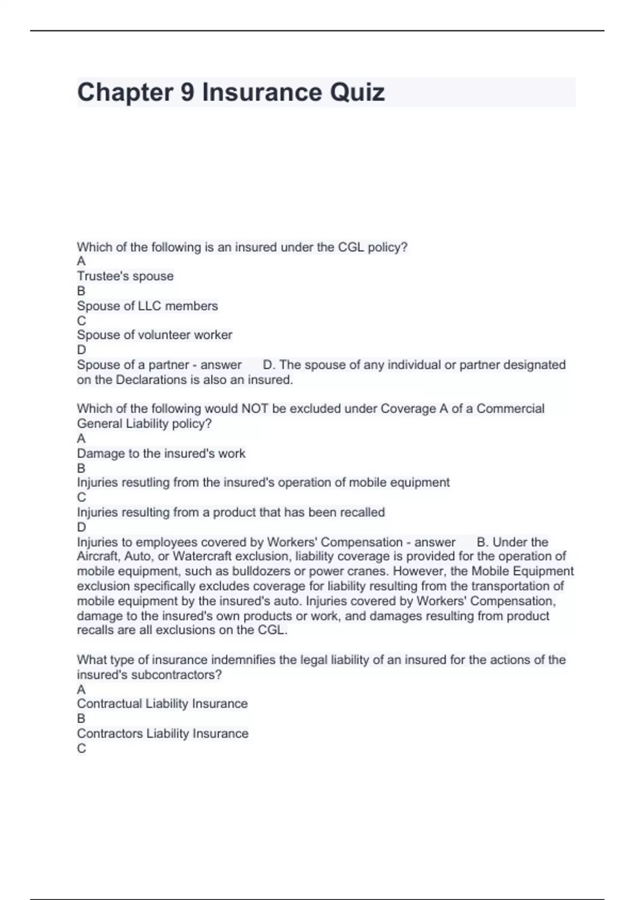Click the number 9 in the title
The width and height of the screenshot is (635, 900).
click(x=187, y=93)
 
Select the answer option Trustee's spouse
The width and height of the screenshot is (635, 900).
click(x=125, y=276)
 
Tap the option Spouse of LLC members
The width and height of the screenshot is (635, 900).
click(x=147, y=306)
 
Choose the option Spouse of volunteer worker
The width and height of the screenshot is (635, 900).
click(x=155, y=335)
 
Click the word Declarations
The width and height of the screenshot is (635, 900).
click(x=153, y=380)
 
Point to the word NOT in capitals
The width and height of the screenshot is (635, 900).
click(x=254, y=409)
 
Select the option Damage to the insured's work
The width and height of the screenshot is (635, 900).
click(x=161, y=454)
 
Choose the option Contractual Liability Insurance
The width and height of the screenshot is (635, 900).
click(x=162, y=704)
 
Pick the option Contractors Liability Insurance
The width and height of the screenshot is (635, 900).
click(x=162, y=734)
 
